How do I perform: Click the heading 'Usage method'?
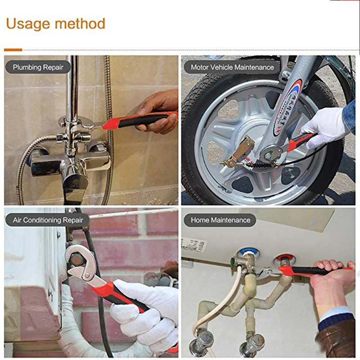tap(55, 23)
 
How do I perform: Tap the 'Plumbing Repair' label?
tap(38, 67)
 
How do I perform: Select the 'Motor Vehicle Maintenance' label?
tap(232, 67)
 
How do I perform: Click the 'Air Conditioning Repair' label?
tap(48, 220)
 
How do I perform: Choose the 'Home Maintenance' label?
tap(220, 220)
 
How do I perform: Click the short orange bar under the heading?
tap(13, 49)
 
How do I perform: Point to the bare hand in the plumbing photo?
tap(157, 108)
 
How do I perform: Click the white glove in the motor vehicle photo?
tap(328, 126)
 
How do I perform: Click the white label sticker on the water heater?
tap(194, 245)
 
